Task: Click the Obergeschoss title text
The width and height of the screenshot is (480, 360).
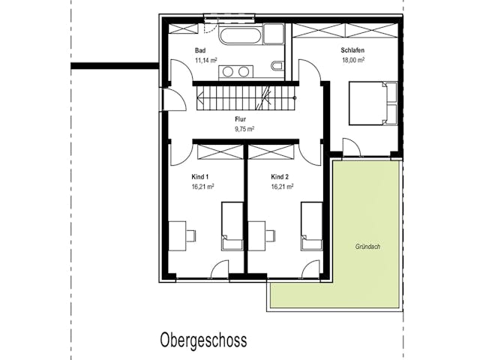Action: click(x=203, y=340)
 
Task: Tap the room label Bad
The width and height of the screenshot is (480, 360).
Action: click(x=200, y=50)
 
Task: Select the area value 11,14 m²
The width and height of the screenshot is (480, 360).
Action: click(x=206, y=60)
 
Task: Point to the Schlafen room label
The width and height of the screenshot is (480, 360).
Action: click(x=352, y=50)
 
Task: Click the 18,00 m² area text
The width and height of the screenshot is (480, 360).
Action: click(x=353, y=60)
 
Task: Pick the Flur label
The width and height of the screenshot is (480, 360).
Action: click(x=241, y=119)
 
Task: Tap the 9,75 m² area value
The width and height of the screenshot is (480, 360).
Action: click(x=244, y=129)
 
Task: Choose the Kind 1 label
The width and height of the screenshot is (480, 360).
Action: click(x=200, y=177)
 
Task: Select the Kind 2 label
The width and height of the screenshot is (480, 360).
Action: click(x=280, y=177)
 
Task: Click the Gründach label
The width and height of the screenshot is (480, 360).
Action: click(x=367, y=247)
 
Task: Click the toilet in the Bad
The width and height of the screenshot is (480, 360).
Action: click(x=277, y=66)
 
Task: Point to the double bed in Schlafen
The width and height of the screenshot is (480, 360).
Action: click(x=373, y=103)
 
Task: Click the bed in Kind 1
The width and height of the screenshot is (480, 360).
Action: click(x=232, y=226)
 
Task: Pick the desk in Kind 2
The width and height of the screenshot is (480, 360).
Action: click(x=256, y=236)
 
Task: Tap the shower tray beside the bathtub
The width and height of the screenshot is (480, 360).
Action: click(x=274, y=34)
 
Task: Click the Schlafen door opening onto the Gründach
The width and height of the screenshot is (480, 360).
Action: click(x=352, y=148)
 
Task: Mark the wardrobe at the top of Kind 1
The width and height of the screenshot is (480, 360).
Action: click(x=220, y=151)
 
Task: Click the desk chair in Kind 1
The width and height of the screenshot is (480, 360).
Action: click(x=191, y=235)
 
